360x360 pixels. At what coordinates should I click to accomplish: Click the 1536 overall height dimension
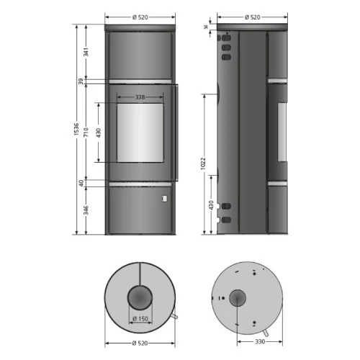pos(76,129)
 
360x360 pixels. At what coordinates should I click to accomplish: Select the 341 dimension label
pos(86,52)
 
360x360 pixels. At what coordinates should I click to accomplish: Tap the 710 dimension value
pos(86,132)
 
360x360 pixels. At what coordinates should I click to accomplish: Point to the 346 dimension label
pos(86,210)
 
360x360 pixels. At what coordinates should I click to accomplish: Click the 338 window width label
pos(140,97)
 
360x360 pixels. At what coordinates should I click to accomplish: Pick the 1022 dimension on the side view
pos(203,163)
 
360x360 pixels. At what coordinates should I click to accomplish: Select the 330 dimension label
pos(260,341)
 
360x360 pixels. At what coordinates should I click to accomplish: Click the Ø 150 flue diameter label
pos(140,319)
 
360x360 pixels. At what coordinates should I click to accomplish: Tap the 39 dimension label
pos(81,81)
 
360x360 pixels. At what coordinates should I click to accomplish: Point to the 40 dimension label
pos(81,183)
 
